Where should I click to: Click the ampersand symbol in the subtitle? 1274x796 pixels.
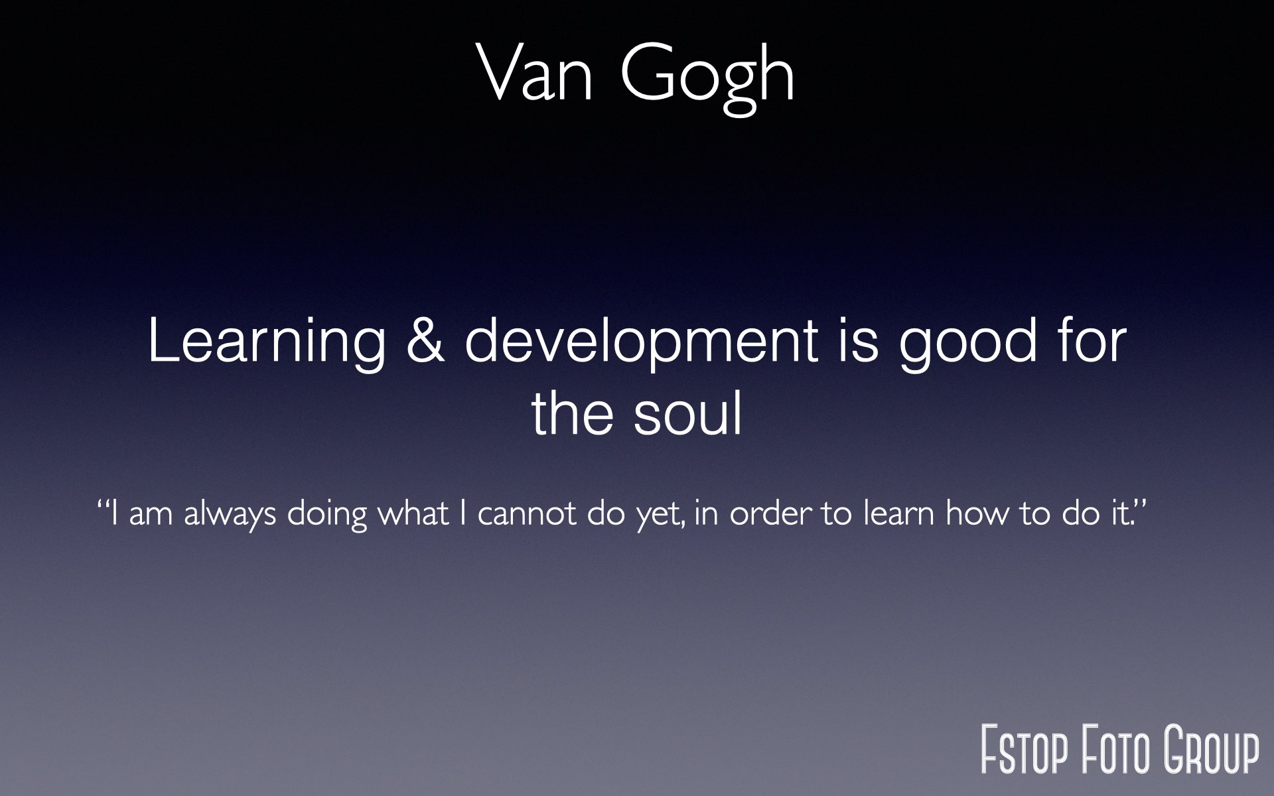pyautogui.click(x=425, y=340)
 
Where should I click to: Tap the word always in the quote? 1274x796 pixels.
pyautogui.click(x=230, y=514)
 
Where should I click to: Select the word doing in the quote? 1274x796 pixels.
pyautogui.click(x=327, y=514)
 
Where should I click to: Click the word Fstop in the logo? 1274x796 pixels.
pyautogui.click(x=1025, y=750)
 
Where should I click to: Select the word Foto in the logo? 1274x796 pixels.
pyautogui.click(x=1119, y=750)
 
